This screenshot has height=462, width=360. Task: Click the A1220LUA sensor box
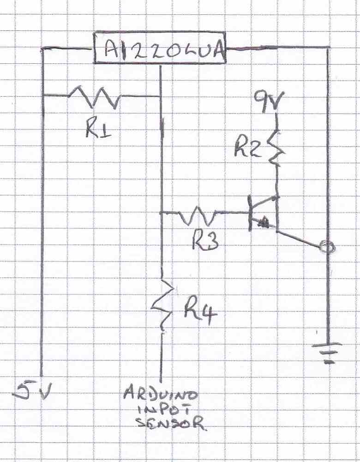click(160, 48)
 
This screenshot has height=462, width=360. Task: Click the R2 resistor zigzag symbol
click(276, 147)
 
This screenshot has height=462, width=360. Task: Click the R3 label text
click(205, 240)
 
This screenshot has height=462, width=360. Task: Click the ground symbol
click(329, 352)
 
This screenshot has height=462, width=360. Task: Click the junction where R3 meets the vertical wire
click(161, 213)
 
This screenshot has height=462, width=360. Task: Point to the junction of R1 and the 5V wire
click(42, 95)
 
